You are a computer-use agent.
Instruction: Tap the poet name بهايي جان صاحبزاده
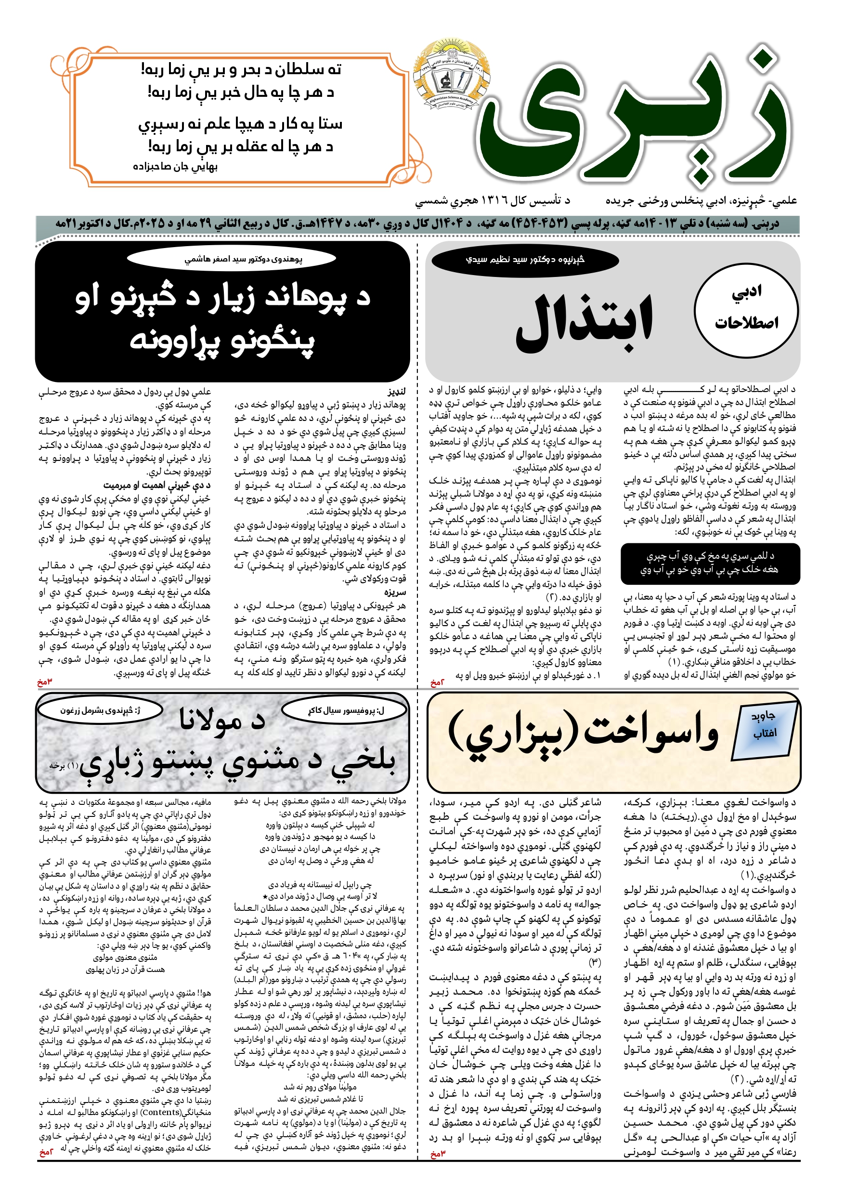coord(175,167)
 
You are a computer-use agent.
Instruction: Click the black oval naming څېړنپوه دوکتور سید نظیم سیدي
coord(525,260)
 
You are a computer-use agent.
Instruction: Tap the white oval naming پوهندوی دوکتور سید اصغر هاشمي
coord(244,259)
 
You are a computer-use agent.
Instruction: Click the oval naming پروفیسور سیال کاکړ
coord(346,710)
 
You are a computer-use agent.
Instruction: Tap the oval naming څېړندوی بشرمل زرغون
coord(101,710)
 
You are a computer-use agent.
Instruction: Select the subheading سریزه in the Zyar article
coord(395,592)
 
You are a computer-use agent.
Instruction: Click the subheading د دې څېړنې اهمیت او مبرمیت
coord(156,485)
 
